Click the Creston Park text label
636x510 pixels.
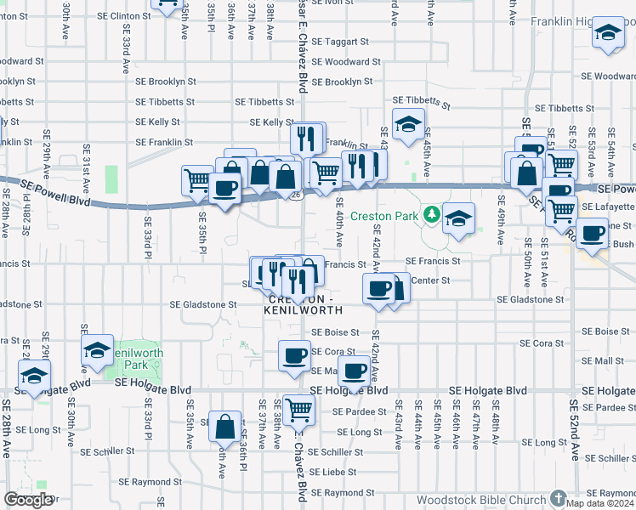pos(387,216)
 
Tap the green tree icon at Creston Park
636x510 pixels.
pos(432,212)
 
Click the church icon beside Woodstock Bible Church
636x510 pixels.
pos(559,497)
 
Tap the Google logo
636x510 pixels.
pos(28,500)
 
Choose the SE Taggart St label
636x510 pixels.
pos(340,41)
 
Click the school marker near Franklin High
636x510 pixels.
pos(607,33)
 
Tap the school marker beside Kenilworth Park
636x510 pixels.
pos(98,349)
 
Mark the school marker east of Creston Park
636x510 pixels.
pos(458,218)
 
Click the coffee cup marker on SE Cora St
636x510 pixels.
pos(295,355)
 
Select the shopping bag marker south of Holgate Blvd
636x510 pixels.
pos(224,427)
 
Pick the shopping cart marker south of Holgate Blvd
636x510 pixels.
pos(298,411)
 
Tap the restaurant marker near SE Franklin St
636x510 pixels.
pos(308,138)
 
